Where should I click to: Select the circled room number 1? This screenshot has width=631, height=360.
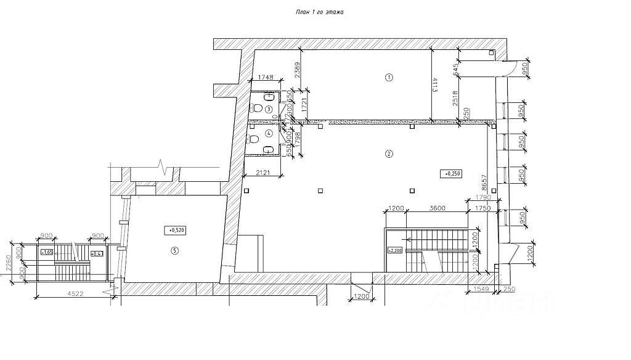pos(389,78)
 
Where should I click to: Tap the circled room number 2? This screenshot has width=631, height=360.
pos(389,153)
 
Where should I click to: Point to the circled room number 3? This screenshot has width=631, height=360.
pos(269,109)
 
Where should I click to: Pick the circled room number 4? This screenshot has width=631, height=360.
pos(269,133)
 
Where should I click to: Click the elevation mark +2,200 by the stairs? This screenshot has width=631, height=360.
pos(394,250)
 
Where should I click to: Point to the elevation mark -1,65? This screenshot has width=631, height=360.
pos(47,253)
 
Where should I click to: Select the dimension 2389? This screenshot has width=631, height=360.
pos(297,65)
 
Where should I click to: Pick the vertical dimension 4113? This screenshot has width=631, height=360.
pos(435,84)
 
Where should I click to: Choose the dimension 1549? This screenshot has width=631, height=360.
pos(477,289)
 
